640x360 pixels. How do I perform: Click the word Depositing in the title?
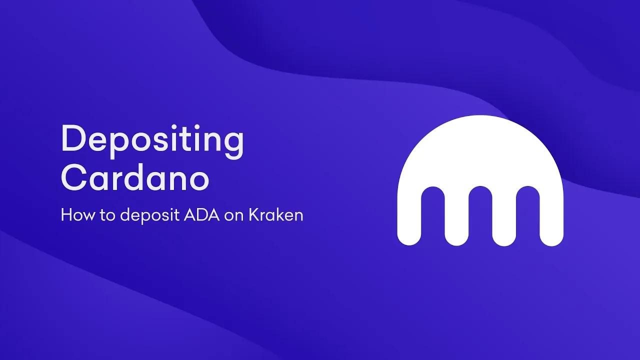point(152,140)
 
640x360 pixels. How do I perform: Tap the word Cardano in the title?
point(135,178)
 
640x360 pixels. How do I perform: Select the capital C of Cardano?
point(73,178)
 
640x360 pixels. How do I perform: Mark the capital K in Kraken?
point(253,215)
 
